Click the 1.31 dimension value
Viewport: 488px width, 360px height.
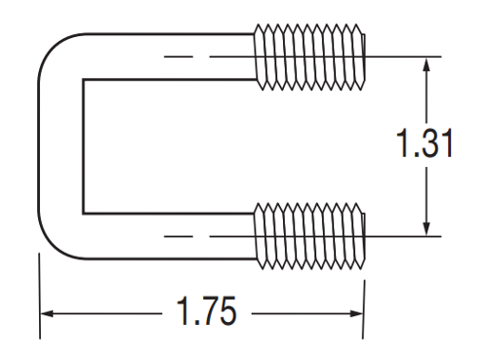tap(425, 143)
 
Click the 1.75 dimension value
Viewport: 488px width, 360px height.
tap(207, 311)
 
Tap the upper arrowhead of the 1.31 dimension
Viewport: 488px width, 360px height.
tap(427, 64)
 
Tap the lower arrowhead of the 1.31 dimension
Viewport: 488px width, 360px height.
tap(427, 228)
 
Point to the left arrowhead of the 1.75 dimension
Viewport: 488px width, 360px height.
tap(47, 314)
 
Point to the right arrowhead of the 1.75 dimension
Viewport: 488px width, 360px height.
tap(356, 314)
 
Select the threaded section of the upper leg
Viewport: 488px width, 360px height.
tap(309, 57)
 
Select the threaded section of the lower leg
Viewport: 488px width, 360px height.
tap(309, 236)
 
